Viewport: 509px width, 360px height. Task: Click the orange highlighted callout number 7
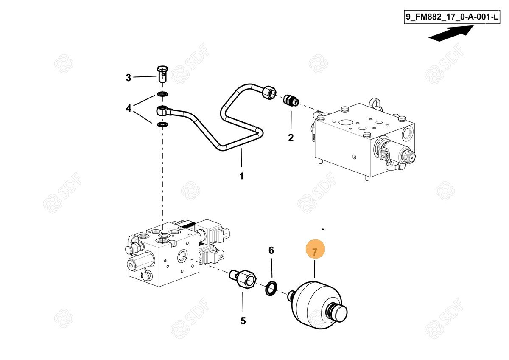click(315, 252)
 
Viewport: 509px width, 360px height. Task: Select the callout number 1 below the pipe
click(241, 176)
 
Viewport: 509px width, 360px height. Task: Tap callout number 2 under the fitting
click(291, 138)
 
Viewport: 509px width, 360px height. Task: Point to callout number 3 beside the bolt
click(129, 78)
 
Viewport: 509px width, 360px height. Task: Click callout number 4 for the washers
click(129, 108)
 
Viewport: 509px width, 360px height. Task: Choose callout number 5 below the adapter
click(243, 321)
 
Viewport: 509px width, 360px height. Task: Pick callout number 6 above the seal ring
click(271, 250)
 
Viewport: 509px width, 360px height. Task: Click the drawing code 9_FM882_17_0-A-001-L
click(452, 17)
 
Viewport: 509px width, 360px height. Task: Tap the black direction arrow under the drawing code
click(451, 34)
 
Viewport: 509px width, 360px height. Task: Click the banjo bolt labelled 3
click(162, 74)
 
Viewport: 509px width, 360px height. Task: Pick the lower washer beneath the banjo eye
click(162, 124)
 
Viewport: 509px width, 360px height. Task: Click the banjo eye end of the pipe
click(163, 110)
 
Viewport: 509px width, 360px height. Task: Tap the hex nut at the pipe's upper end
click(269, 92)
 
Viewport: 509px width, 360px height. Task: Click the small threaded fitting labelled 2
click(291, 100)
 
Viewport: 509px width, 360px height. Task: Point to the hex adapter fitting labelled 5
click(243, 279)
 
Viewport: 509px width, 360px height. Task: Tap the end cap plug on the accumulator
click(337, 313)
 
